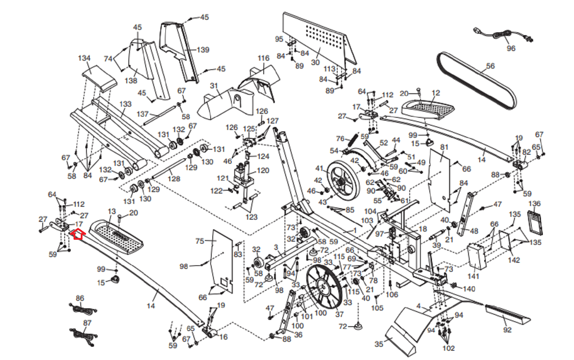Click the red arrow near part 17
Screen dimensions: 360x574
click(78, 234)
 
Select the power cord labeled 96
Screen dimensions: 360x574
click(502, 35)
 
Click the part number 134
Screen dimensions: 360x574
click(84, 58)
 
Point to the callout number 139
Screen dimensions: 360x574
click(203, 50)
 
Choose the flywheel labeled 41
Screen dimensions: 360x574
click(343, 184)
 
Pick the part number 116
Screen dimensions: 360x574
click(263, 58)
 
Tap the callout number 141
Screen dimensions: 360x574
click(473, 276)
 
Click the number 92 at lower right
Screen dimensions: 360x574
click(507, 329)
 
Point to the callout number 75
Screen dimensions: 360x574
click(200, 241)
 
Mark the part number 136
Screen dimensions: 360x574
click(534, 204)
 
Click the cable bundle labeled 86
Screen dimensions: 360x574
click(83, 309)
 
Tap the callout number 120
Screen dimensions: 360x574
click(263, 170)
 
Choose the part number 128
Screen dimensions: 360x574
click(174, 179)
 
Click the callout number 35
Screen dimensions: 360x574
click(379, 344)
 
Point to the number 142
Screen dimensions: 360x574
click(514, 260)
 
